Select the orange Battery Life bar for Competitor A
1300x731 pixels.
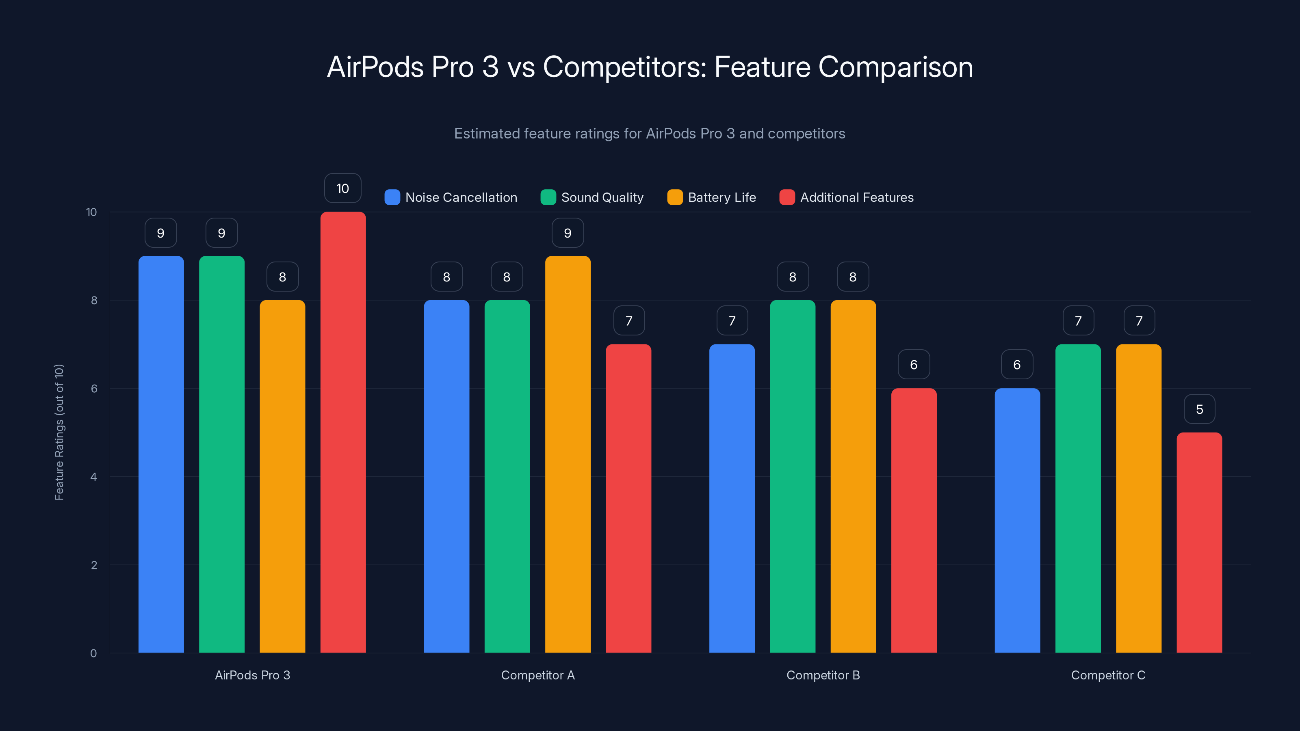[568, 454]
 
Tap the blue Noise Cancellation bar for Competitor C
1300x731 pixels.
[1017, 520]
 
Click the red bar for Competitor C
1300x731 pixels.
[1199, 542]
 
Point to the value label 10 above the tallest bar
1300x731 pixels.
[342, 188]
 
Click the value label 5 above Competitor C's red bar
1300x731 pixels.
[1199, 409]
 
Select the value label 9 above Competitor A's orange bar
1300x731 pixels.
[568, 233]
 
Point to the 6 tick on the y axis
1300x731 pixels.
[94, 389]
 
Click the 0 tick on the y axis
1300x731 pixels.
[93, 653]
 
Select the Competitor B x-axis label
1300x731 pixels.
[823, 675]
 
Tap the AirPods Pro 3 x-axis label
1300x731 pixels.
[252, 675]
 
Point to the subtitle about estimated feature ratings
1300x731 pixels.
[650, 134]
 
